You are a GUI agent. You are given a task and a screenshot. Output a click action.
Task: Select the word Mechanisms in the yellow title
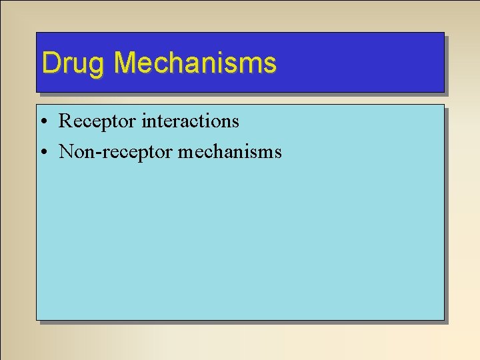pos(195,63)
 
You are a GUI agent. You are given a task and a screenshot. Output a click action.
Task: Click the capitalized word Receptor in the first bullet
pos(98,121)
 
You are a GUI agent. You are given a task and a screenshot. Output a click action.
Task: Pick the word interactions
pos(190,121)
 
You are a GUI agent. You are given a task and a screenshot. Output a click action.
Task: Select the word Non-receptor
pos(116,152)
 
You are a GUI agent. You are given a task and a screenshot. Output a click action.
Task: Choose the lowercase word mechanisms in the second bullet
pos(230,152)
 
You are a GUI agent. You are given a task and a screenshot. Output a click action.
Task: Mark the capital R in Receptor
pos(65,121)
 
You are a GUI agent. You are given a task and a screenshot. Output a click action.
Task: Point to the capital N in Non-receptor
pos(66,152)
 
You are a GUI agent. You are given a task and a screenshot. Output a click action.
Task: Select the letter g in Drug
pos(97,65)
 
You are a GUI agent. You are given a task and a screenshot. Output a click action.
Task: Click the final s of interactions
pos(235,123)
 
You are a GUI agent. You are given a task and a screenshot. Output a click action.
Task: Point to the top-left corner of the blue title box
pos(36,33)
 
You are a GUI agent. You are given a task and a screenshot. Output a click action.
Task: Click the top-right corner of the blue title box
pos(443,33)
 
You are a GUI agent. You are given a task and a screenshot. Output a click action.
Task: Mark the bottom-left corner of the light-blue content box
pos(37,319)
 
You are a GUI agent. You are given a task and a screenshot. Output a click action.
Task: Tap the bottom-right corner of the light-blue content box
pos(443,319)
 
